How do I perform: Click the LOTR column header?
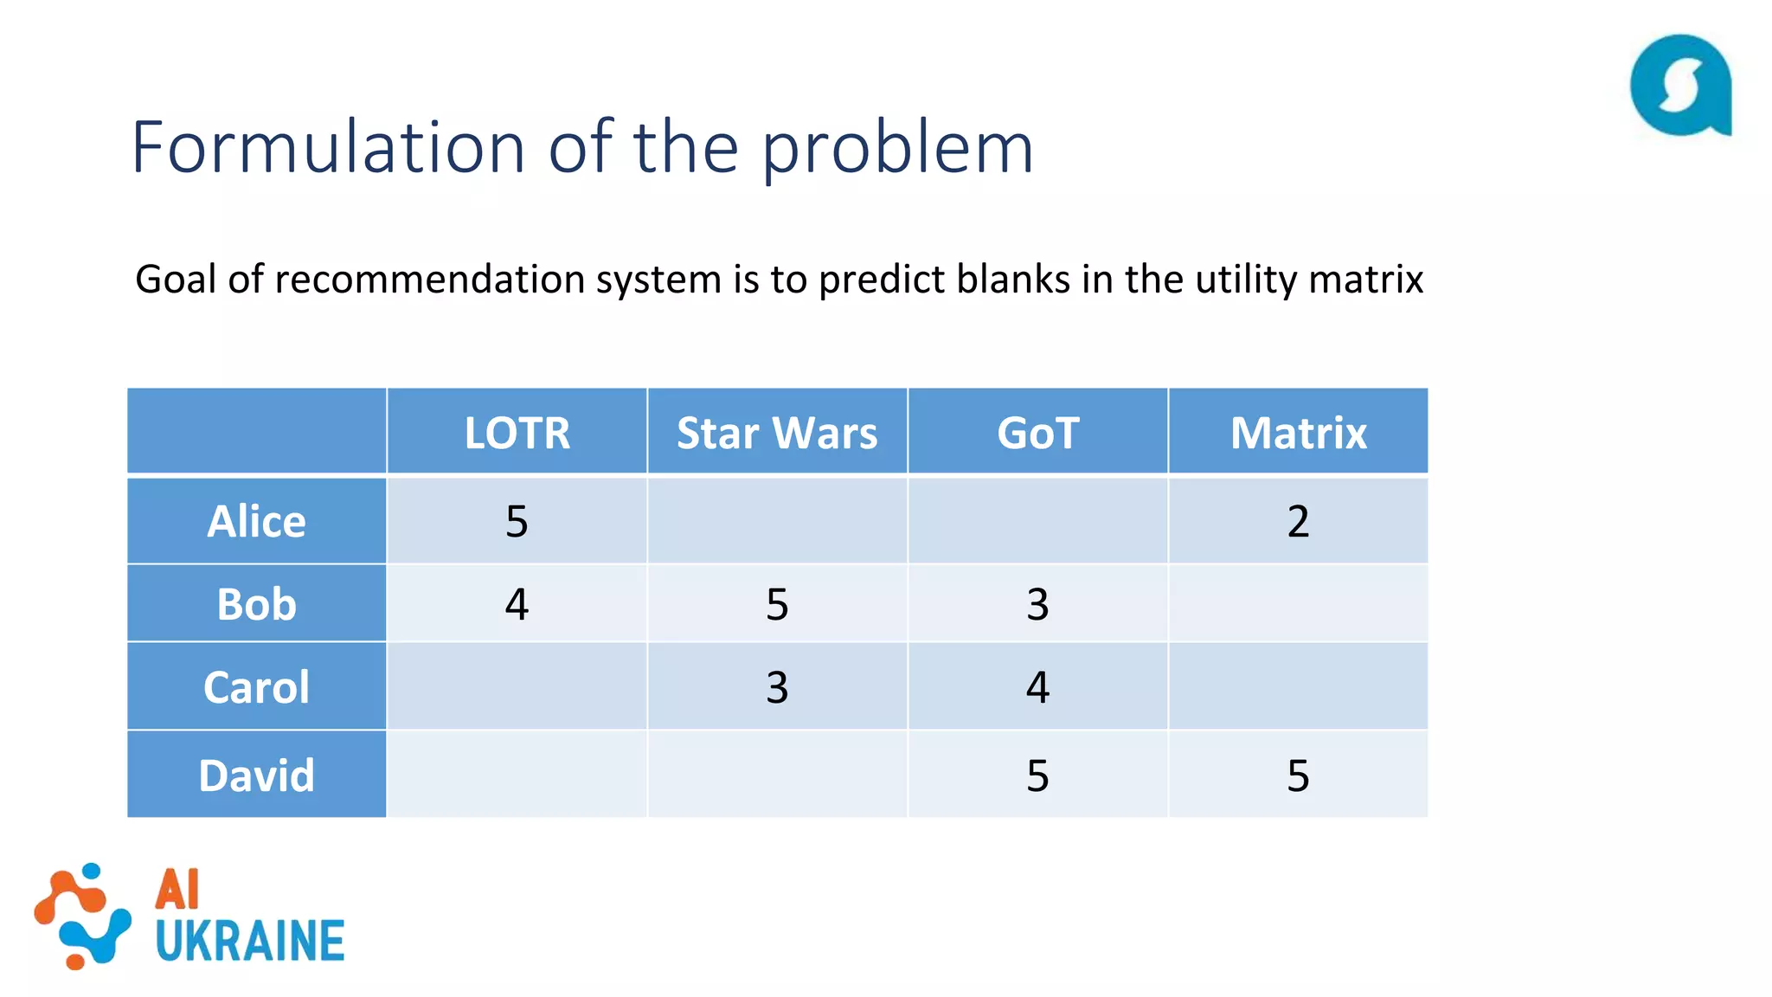click(x=517, y=433)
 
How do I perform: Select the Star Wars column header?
click(x=777, y=433)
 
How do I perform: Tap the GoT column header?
click(x=1037, y=433)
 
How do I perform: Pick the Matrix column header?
click(x=1298, y=433)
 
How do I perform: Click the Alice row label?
click(x=256, y=521)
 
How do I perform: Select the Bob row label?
click(x=256, y=603)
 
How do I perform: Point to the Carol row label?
click(x=256, y=686)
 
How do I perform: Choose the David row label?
click(x=256, y=775)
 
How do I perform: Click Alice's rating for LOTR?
click(x=517, y=521)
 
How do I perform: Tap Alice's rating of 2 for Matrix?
click(x=1298, y=521)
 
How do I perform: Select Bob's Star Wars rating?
click(x=777, y=603)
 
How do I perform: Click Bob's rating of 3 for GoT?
click(x=1037, y=603)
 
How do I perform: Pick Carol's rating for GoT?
click(x=1037, y=686)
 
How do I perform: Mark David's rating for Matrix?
click(x=1298, y=775)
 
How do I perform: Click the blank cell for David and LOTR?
click(x=517, y=775)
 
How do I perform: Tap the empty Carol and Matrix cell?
click(x=1298, y=686)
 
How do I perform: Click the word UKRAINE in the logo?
click(x=250, y=942)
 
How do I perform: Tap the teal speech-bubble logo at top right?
click(x=1680, y=86)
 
